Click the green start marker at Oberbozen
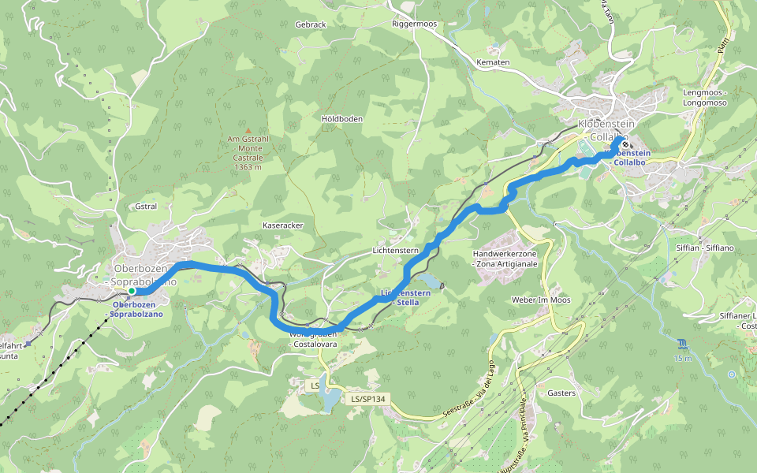pyautogui.click(x=132, y=292)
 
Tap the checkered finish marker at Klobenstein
pyautogui.click(x=625, y=144)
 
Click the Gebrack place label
pyautogui.click(x=310, y=25)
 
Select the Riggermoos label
pyautogui.click(x=414, y=24)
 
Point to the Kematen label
pyautogui.click(x=494, y=62)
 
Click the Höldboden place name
pyautogui.click(x=342, y=119)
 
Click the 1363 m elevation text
pyautogui.click(x=248, y=166)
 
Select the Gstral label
pyautogui.click(x=146, y=207)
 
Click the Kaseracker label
pyautogui.click(x=282, y=225)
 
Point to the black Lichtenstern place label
pyautogui.click(x=395, y=250)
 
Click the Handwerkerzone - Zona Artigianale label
pyautogui.click(x=505, y=259)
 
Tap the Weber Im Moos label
pyautogui.click(x=541, y=300)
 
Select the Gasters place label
pyautogui.click(x=561, y=393)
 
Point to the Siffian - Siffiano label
pyautogui.click(x=704, y=248)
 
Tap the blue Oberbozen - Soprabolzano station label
pyautogui.click(x=138, y=309)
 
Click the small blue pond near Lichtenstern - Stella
pyautogui.click(x=430, y=281)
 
